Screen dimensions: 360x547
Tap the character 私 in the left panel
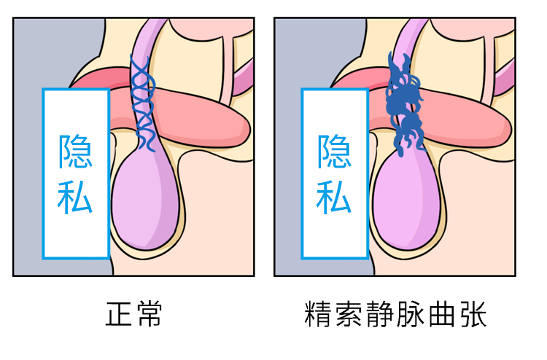pyautogui.click(x=75, y=196)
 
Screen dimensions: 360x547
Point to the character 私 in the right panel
pyautogui.click(x=334, y=196)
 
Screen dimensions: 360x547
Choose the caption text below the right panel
pyautogui.click(x=395, y=315)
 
